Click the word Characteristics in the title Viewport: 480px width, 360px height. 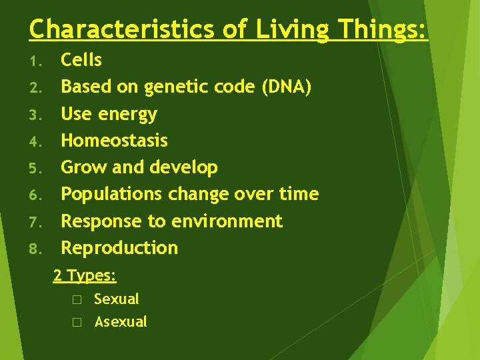point(121,29)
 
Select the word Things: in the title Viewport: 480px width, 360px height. point(382,29)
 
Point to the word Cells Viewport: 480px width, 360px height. point(81,60)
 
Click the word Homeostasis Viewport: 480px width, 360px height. point(115,141)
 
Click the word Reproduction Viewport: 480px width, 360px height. point(120,248)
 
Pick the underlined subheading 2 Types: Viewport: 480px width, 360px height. point(85,275)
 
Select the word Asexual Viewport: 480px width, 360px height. point(121,322)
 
